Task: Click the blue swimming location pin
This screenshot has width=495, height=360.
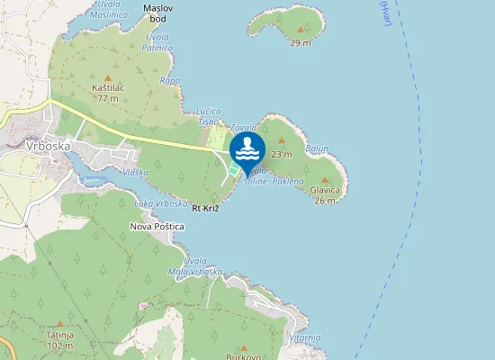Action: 247,149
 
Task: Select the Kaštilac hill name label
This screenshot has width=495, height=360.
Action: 108,87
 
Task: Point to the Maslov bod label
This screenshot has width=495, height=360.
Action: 159,13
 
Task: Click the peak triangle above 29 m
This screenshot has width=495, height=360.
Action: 300,30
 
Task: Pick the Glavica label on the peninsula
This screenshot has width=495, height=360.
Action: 325,190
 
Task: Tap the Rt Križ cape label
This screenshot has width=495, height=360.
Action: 206,208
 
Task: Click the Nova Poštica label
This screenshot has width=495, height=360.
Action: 157,227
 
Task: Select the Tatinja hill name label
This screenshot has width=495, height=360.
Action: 60,334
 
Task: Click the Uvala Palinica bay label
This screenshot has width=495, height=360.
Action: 159,42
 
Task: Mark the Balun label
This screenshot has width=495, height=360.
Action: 318,148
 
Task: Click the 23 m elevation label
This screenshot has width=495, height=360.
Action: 282,154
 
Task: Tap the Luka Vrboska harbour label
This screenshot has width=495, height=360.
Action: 160,202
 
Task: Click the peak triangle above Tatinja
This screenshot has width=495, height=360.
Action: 60,322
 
